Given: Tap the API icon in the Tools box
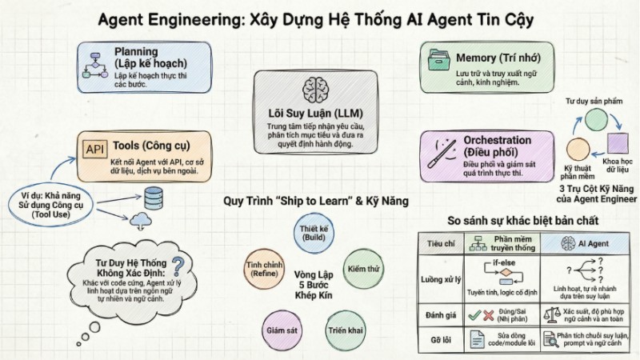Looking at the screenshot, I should [95, 149].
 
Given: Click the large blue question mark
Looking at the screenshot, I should [178, 266].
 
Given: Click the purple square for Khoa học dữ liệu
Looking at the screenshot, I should [617, 144].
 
